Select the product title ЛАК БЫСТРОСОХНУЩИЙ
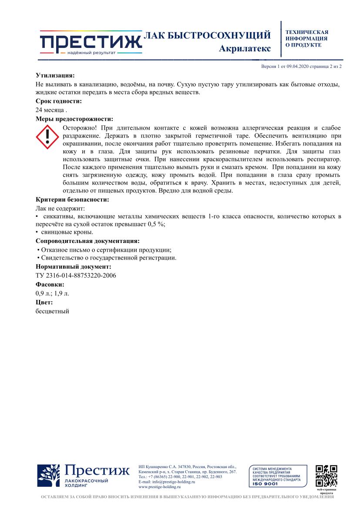(x=207, y=35)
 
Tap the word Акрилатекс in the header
(x=245, y=48)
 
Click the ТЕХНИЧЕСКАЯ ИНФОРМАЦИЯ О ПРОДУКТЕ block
(x=306, y=38)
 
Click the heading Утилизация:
(x=55, y=75)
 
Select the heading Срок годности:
(x=58, y=101)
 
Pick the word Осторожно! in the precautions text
(x=81, y=128)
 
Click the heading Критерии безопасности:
(x=72, y=200)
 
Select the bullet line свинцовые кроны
(x=67, y=233)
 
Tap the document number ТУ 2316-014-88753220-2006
(x=76, y=275)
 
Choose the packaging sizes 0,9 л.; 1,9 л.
(x=52, y=293)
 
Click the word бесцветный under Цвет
(x=52, y=311)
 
